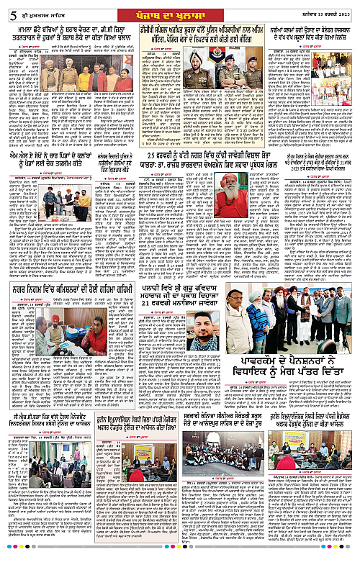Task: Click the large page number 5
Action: click(x=11, y=9)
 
